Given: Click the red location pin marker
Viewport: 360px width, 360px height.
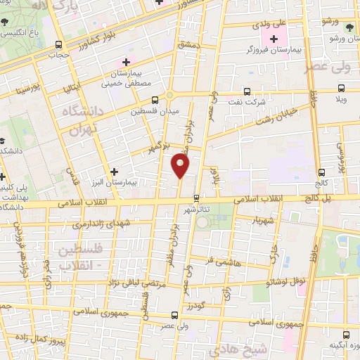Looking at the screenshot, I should [x=181, y=165].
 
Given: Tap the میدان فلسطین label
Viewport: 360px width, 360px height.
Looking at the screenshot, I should [x=156, y=111].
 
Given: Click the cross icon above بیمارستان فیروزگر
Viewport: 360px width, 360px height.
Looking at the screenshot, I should [x=273, y=37].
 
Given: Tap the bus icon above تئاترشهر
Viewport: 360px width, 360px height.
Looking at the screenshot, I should [x=197, y=198].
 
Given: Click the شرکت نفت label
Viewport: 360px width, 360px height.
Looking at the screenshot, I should [x=247, y=103].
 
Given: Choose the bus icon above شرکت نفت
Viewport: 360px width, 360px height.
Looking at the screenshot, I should [x=246, y=91].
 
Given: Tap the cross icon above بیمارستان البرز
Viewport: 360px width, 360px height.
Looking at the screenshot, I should [x=115, y=171].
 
